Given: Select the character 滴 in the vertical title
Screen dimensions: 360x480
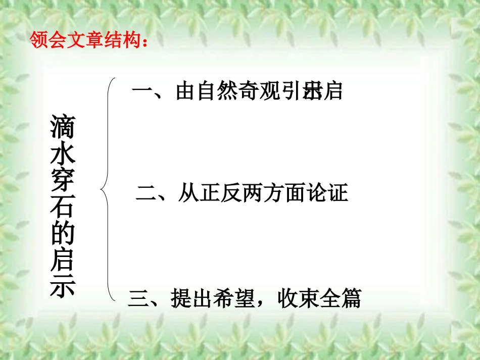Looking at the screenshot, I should tap(62, 127).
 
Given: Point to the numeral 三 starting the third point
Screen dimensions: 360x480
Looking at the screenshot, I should tap(139, 298).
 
